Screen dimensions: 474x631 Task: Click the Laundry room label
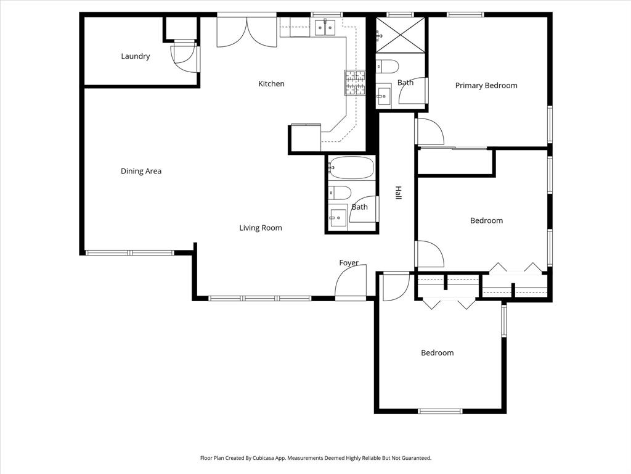(135, 56)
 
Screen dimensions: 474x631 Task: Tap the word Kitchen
(271, 83)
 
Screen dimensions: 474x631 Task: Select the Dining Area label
(141, 171)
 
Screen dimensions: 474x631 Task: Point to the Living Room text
(261, 228)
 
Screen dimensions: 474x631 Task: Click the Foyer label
(349, 263)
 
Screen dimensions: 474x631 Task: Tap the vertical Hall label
(398, 193)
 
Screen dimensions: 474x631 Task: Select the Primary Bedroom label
(486, 85)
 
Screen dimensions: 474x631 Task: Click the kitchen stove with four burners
(354, 83)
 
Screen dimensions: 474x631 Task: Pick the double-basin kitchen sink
(325, 27)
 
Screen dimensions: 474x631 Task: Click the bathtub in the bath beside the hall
(351, 167)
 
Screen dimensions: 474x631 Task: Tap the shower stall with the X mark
(401, 35)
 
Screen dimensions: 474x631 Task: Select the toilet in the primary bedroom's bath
(388, 66)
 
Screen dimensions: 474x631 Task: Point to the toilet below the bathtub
(340, 193)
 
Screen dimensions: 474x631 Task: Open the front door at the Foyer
(351, 283)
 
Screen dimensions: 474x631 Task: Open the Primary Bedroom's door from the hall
(428, 131)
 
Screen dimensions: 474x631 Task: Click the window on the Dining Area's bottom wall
(130, 252)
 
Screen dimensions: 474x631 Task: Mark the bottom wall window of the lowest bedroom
(440, 411)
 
